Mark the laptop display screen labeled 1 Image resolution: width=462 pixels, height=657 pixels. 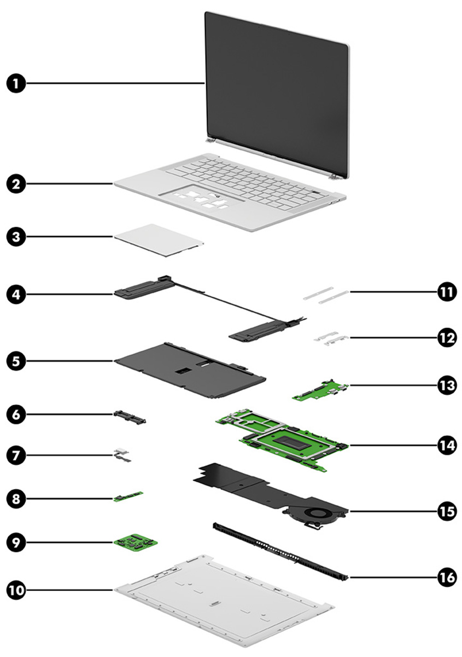276,88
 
